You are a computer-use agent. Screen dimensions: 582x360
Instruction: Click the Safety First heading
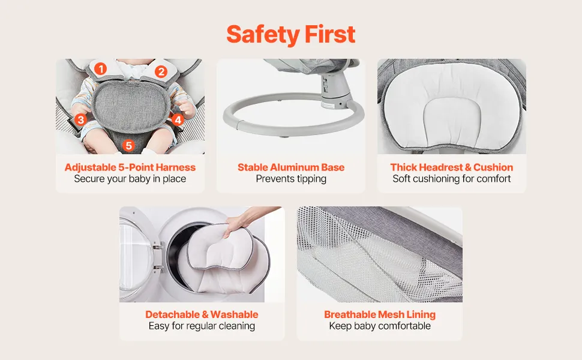[290, 35]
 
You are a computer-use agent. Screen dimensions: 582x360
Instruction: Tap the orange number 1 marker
[100, 68]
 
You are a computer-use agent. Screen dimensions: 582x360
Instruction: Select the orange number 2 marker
[161, 71]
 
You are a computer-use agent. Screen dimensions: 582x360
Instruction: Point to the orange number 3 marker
[80, 120]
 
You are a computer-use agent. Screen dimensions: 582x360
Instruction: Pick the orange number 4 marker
[178, 119]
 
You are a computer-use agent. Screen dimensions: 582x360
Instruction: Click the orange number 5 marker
[128, 145]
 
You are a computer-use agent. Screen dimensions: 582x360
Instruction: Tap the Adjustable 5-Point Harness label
[130, 167]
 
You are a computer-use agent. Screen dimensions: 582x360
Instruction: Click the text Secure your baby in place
[130, 179]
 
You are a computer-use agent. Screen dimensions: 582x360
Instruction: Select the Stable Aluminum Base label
[291, 167]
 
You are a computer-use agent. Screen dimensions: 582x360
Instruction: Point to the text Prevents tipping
[291, 179]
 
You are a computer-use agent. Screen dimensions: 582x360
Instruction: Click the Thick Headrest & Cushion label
[452, 167]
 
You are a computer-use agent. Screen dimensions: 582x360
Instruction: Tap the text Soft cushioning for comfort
[452, 179]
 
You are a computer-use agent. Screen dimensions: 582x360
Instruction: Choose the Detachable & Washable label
[202, 314]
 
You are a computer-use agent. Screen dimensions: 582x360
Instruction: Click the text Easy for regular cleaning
[202, 326]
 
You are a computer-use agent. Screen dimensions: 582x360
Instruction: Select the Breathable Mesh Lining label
[380, 314]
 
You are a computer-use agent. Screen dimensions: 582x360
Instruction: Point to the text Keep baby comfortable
[380, 326]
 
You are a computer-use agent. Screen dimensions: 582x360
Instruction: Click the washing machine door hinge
[158, 256]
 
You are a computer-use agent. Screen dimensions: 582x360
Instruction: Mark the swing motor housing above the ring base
[334, 89]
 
